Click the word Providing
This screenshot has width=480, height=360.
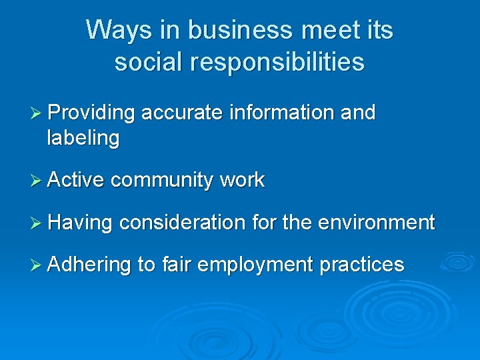(91, 113)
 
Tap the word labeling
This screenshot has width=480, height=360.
(83, 139)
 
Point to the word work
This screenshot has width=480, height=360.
(242, 180)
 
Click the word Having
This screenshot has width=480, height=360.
(81, 222)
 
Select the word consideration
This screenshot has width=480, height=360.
(183, 222)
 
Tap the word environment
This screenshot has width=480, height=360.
(377, 222)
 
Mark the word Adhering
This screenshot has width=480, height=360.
(89, 265)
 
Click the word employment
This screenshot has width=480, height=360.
(255, 265)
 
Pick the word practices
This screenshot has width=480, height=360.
(362, 265)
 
